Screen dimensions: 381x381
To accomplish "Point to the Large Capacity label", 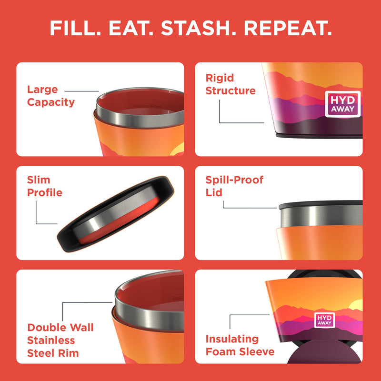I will (50, 96).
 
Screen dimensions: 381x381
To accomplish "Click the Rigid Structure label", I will (231, 84).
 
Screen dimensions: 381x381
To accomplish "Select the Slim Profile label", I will (45, 186).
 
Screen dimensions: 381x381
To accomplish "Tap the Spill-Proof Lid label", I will (234, 186).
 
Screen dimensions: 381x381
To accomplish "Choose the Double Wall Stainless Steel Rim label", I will (60, 340).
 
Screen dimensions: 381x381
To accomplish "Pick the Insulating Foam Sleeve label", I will (240, 345).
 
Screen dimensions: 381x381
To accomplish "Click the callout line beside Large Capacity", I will (82, 90).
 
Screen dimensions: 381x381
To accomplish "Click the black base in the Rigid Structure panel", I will (319, 136).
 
